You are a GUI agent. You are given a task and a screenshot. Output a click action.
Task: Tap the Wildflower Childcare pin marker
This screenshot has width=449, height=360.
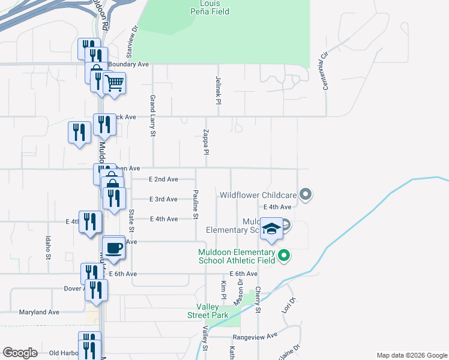coord(306,194)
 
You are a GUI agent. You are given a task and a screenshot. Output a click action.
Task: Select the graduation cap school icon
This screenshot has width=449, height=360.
coord(272,229)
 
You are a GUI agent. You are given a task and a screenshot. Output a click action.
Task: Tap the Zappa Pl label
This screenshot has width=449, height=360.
coord(205,142)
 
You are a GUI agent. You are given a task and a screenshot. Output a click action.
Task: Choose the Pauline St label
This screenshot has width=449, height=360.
coord(196,203)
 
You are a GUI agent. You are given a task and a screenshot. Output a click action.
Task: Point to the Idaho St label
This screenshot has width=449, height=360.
coord(48,247)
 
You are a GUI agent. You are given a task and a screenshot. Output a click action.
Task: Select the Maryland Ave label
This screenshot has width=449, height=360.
coord(39,312)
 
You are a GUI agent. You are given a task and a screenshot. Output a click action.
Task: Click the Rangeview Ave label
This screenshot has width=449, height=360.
coord(255,336)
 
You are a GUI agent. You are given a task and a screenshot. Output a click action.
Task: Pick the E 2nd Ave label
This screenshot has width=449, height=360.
coord(163,179)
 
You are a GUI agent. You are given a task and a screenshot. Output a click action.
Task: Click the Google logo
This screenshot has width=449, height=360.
coord(20,353)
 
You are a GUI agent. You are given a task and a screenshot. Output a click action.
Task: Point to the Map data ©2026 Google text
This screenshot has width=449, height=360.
coord(411,355)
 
